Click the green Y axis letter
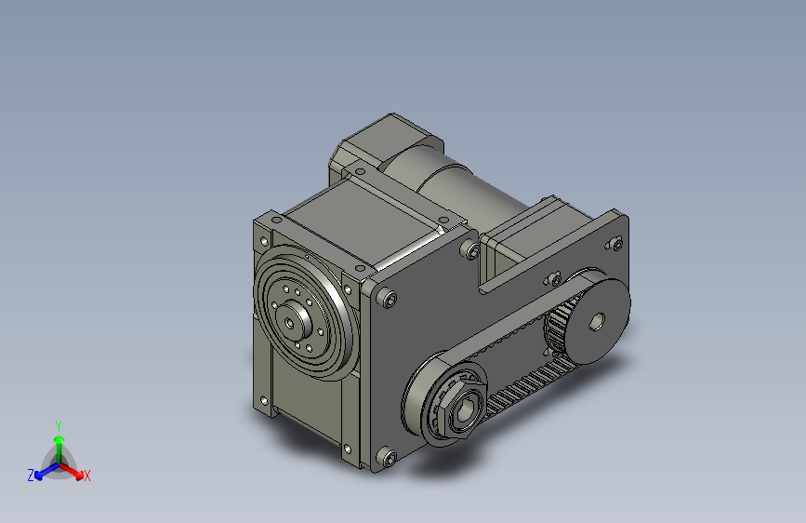coord(59,424)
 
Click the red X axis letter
coord(87,476)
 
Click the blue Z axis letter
coord(31,476)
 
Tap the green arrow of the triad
coord(59,443)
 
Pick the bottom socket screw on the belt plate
coord(389,457)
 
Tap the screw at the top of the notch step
coord(474,251)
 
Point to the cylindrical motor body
coord(456,191)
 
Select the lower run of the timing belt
coord(521,391)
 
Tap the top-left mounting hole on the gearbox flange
coord(276,220)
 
